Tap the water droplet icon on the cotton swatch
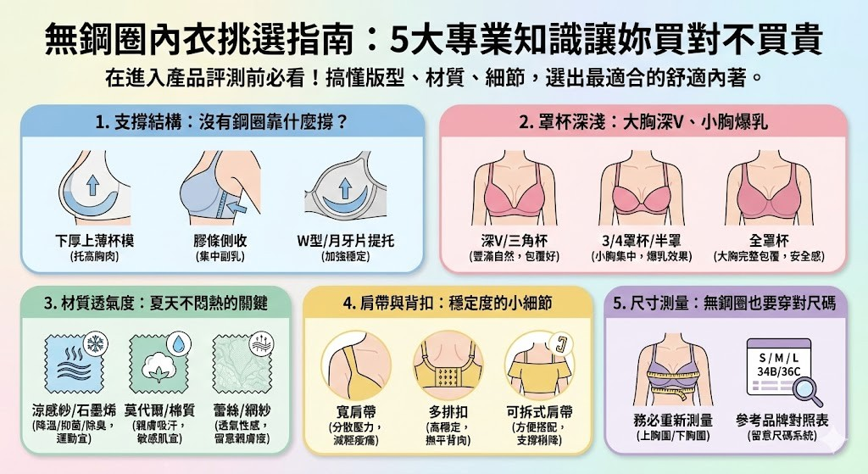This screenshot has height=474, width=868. [179, 343]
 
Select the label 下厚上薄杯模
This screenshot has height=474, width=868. [94, 241]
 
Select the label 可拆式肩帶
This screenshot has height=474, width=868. [538, 412]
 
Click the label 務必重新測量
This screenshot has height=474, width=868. [673, 421]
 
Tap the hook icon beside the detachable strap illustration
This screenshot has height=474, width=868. [559, 344]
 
